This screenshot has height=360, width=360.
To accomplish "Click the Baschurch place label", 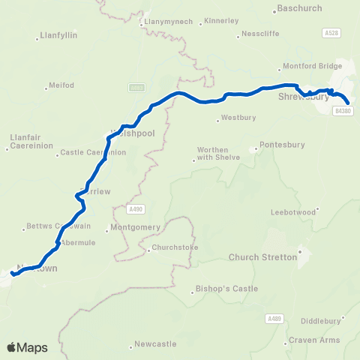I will click(299, 9).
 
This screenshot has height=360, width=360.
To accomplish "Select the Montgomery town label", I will click(135, 227).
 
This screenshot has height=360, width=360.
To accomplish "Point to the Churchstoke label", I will click(173, 247).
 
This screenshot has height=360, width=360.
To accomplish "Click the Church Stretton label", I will click(262, 257).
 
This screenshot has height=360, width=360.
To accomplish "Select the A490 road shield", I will click(135, 209).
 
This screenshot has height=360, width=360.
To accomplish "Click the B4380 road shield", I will click(343, 111).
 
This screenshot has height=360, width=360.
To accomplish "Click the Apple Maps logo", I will click(27, 347).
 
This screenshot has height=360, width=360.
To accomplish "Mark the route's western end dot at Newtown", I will click(13, 274).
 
